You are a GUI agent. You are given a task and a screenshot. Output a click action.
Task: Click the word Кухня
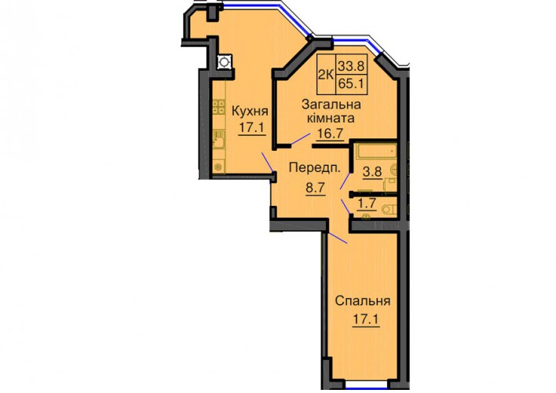[x=250, y=112]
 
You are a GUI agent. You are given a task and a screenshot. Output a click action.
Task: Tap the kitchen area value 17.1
[x=251, y=127]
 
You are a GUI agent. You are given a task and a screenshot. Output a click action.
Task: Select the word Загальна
[x=331, y=105]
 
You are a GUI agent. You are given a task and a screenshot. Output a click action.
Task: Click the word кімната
[x=331, y=118]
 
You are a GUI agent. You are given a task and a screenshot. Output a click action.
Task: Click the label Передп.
[x=315, y=167]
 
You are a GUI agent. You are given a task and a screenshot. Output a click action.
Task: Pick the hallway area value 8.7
[x=316, y=187]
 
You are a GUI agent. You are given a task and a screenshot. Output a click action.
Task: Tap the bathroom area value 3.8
[x=372, y=172]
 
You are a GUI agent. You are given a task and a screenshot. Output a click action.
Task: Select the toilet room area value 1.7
[x=367, y=204]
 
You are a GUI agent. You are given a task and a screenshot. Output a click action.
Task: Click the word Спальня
[x=363, y=301]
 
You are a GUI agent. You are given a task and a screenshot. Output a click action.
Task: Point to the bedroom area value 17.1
[x=366, y=320]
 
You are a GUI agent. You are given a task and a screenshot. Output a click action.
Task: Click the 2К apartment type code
[x=326, y=75]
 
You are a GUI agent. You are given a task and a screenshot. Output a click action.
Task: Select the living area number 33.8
[x=352, y=66]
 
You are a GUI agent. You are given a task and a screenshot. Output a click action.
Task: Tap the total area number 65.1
[x=352, y=84]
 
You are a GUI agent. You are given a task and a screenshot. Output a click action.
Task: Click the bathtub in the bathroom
[x=376, y=152]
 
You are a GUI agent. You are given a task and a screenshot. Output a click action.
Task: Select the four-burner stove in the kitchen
[x=218, y=107]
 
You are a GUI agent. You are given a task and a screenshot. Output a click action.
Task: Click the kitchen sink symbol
[x=218, y=141]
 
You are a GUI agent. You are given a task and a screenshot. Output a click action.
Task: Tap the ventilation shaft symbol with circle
[x=224, y=62]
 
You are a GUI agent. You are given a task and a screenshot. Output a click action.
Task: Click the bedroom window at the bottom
[x=366, y=384]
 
